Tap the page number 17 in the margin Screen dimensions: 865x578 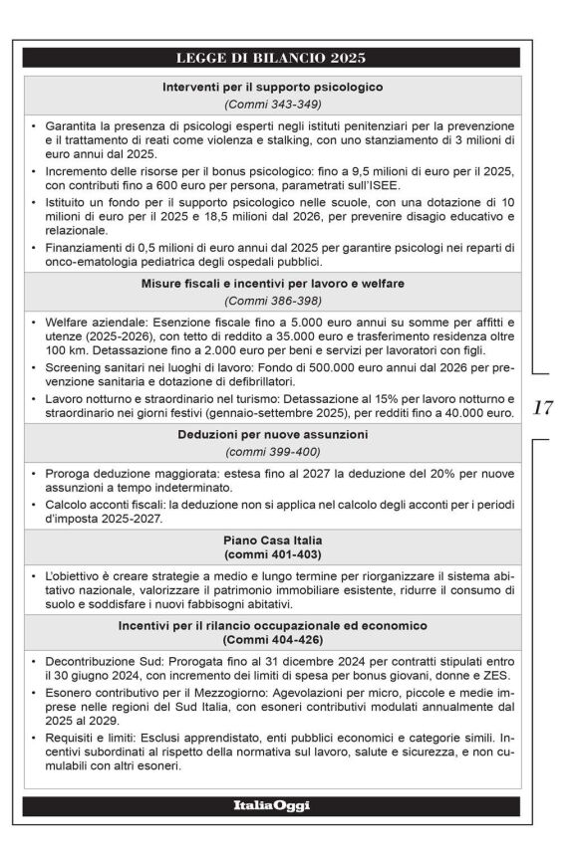[543, 407]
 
